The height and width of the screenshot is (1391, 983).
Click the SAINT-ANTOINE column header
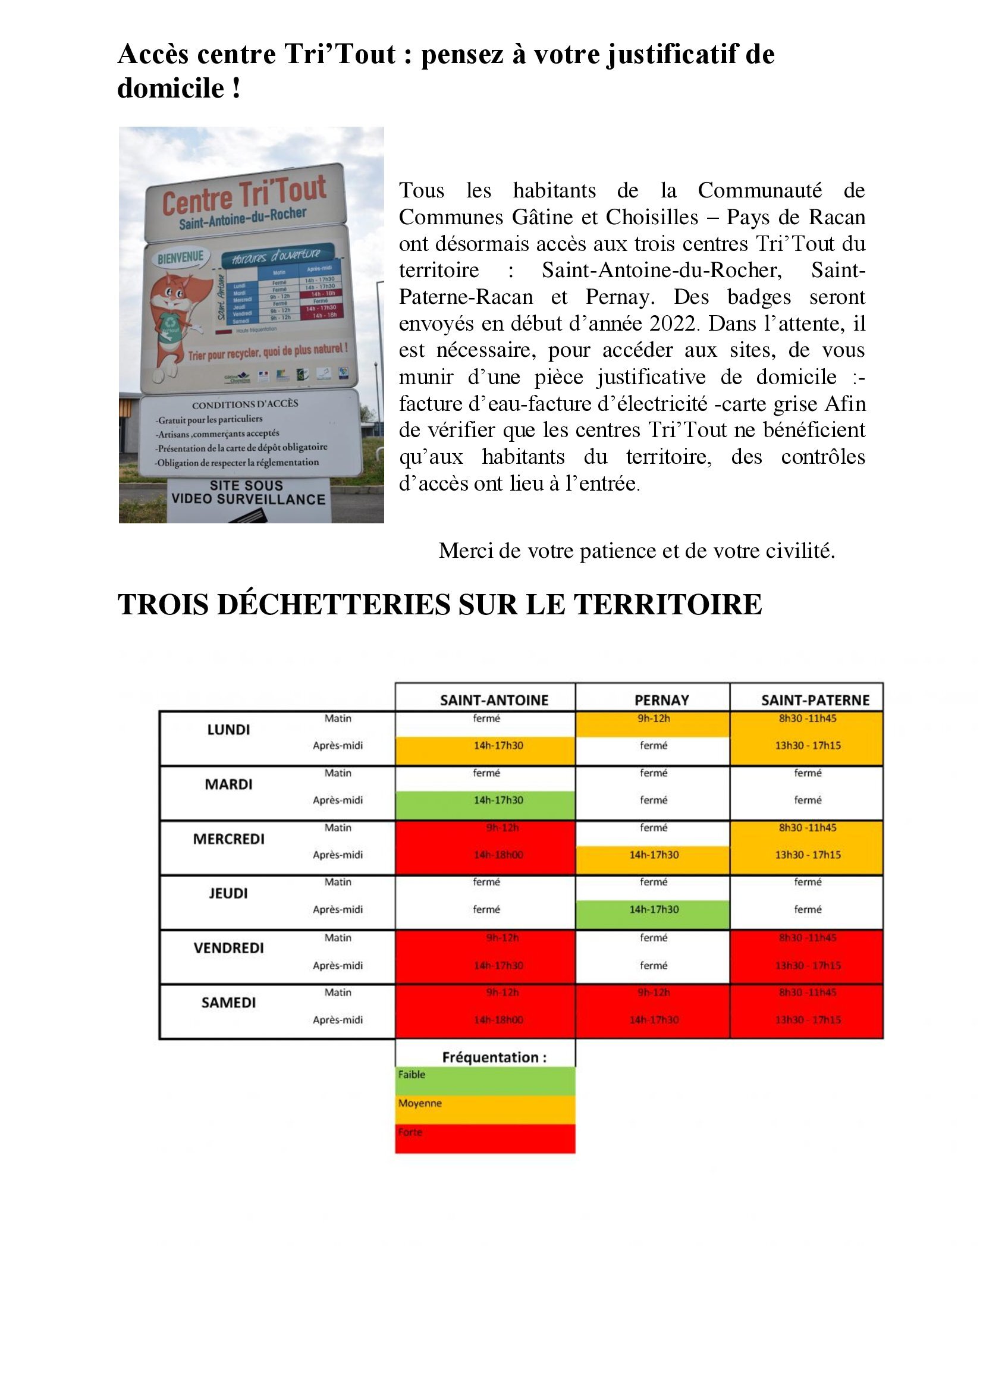[x=494, y=700]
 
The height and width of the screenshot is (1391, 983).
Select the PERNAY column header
[x=661, y=700]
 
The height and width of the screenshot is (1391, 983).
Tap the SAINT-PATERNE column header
[x=815, y=700]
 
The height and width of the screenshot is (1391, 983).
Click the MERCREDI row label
[x=228, y=839]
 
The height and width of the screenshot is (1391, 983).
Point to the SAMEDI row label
[x=228, y=1003]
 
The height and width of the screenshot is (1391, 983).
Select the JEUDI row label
[x=228, y=893]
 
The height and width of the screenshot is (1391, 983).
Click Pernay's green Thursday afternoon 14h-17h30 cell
[x=654, y=909]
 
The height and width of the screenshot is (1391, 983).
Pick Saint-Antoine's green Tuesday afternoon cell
[x=498, y=800]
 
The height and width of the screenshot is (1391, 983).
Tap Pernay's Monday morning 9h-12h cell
[x=654, y=719]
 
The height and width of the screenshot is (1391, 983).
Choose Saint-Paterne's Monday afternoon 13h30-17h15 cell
[x=808, y=746]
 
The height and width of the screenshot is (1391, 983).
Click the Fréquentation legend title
[x=494, y=1057]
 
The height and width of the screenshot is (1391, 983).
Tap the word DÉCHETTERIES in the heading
[x=334, y=605]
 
